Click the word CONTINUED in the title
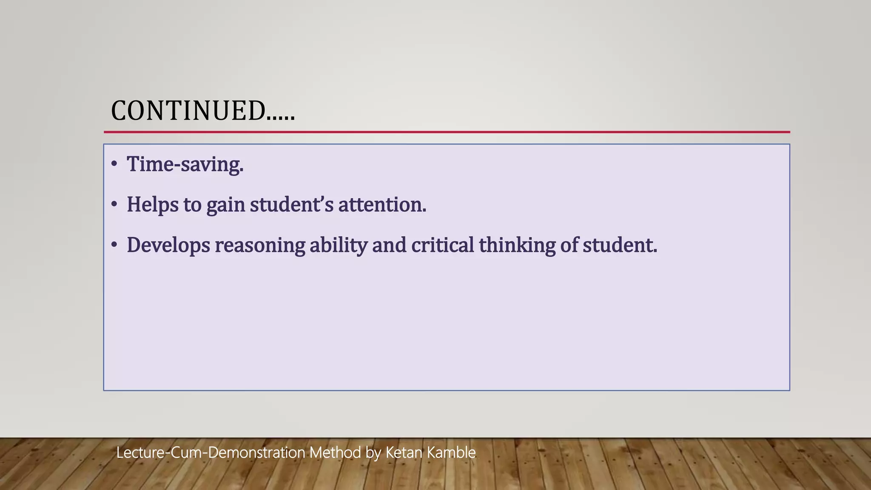tap(188, 111)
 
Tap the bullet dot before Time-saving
tap(114, 164)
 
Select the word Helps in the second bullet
tap(152, 205)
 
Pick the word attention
tap(381, 205)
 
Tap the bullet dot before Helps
tap(114, 205)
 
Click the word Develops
tap(168, 245)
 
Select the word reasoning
tap(260, 245)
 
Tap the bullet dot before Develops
tap(114, 245)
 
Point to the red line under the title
tap(447, 132)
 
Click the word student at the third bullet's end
tap(619, 245)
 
